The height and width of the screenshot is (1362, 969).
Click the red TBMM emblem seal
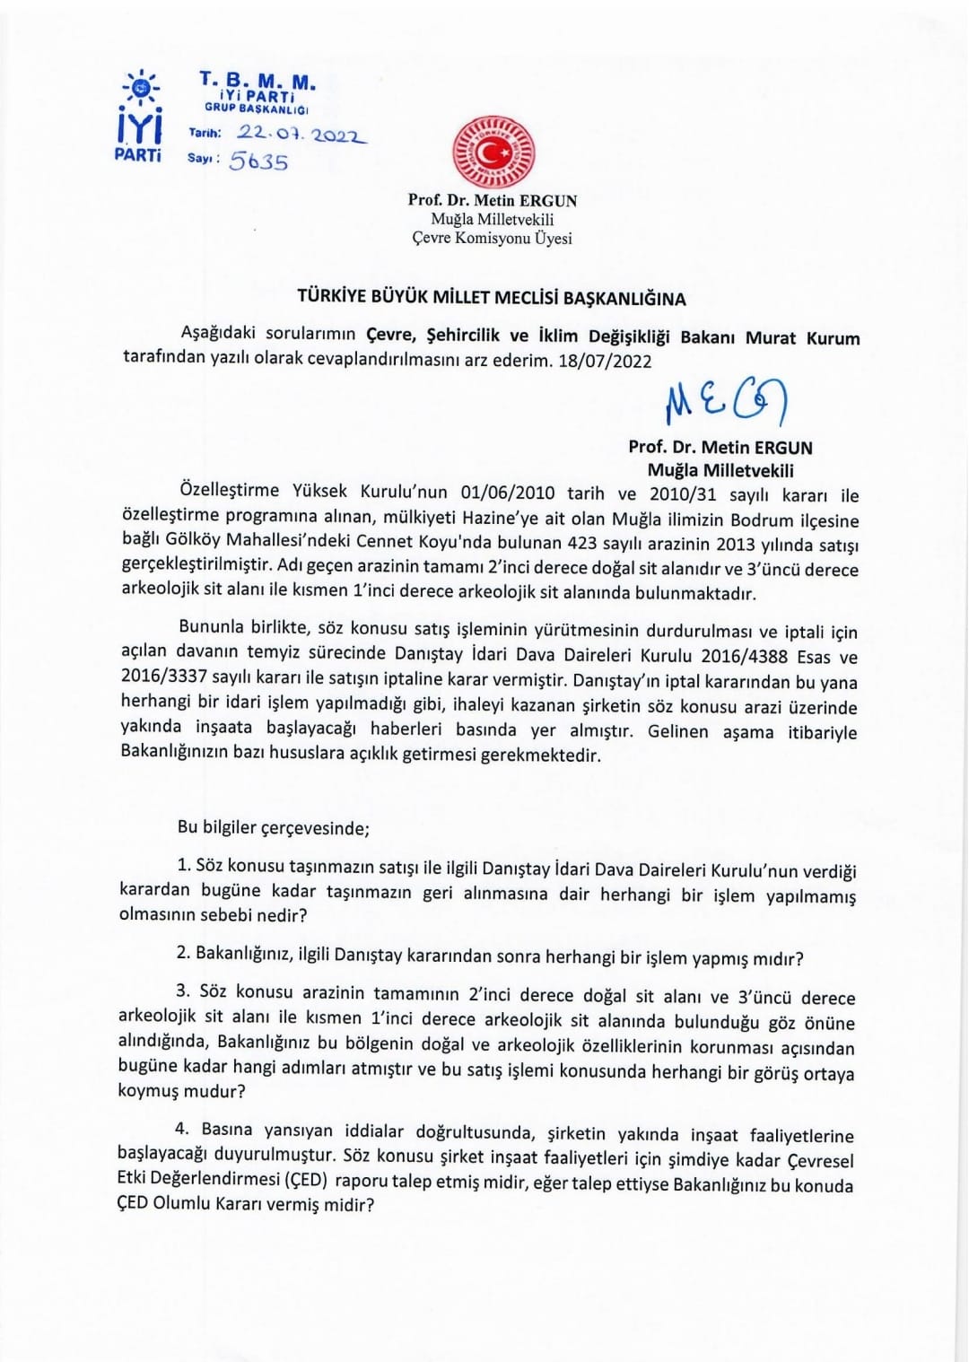click(493, 152)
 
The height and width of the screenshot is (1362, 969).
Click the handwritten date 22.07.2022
click(301, 134)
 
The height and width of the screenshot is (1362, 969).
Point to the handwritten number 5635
click(258, 162)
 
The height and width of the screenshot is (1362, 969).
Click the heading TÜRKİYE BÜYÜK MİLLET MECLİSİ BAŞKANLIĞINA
click(492, 299)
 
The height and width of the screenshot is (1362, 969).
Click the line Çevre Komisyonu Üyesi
click(492, 238)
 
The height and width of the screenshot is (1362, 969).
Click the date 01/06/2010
click(508, 494)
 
